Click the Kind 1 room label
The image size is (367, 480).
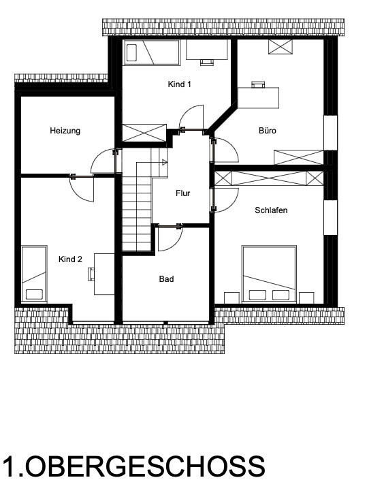tap(179, 84)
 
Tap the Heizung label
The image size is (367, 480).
tap(65, 131)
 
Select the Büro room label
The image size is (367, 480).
tap(268, 131)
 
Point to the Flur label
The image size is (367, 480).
tap(183, 193)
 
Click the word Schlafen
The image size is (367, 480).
tap(271, 210)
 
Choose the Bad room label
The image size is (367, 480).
tap(167, 279)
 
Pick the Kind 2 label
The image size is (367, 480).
tap(70, 259)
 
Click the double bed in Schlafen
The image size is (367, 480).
tap(269, 274)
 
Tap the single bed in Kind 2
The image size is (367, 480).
tap(34, 274)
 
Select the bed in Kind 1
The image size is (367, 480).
tap(152, 52)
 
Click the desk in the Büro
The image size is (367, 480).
tap(258, 97)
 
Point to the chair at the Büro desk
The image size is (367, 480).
tap(258, 84)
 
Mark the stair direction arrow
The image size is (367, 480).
tap(165, 162)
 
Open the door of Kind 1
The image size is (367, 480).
tap(191, 117)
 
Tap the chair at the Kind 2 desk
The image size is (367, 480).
tap(91, 274)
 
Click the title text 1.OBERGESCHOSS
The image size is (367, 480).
tap(133, 467)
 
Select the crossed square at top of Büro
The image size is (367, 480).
tap(281, 46)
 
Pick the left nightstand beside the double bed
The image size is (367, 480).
tap(232, 298)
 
